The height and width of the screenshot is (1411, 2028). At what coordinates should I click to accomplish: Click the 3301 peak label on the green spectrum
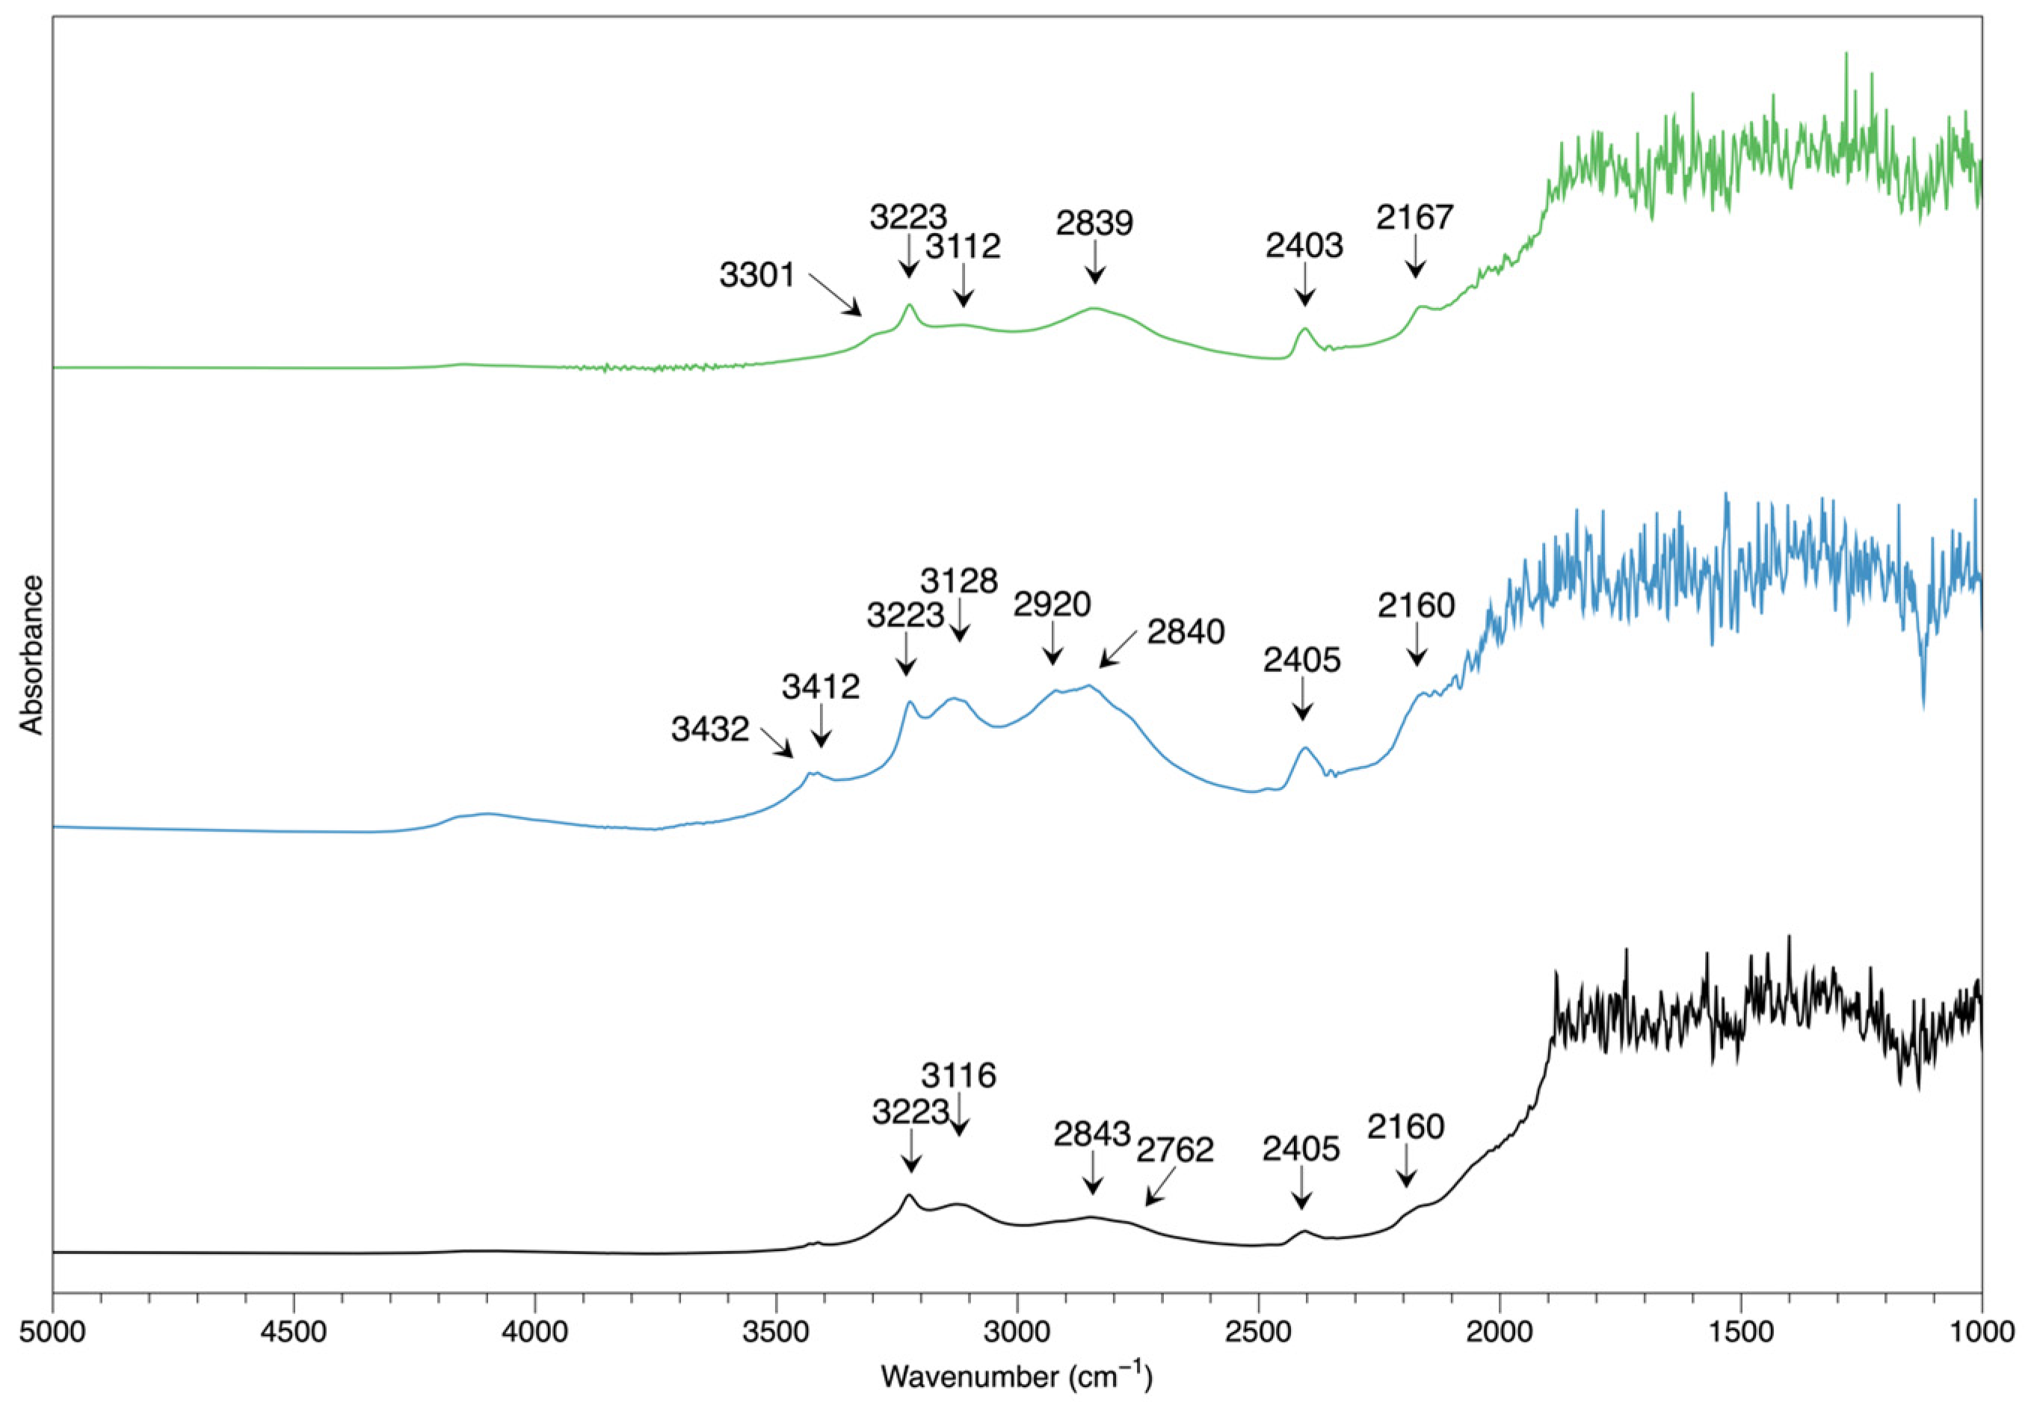tap(757, 274)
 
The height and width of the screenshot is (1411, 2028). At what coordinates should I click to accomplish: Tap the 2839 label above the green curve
tap(1094, 223)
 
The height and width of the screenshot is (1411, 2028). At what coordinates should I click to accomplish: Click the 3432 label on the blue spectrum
tap(709, 729)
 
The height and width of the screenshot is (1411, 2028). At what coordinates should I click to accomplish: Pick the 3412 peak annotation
tap(821, 686)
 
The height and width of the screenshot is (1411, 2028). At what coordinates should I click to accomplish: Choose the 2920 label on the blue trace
tap(1052, 605)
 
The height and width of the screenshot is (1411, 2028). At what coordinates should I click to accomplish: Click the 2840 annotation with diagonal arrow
tap(1186, 632)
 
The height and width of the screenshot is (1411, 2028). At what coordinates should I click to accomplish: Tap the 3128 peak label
tap(958, 581)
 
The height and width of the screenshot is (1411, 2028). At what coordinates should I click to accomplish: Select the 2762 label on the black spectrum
tap(1175, 1150)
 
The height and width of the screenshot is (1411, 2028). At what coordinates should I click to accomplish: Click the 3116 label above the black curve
tap(958, 1075)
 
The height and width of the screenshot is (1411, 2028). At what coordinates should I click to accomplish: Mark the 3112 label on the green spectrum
tap(963, 247)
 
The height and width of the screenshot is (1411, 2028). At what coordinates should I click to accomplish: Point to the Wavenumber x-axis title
tap(1016, 1376)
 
